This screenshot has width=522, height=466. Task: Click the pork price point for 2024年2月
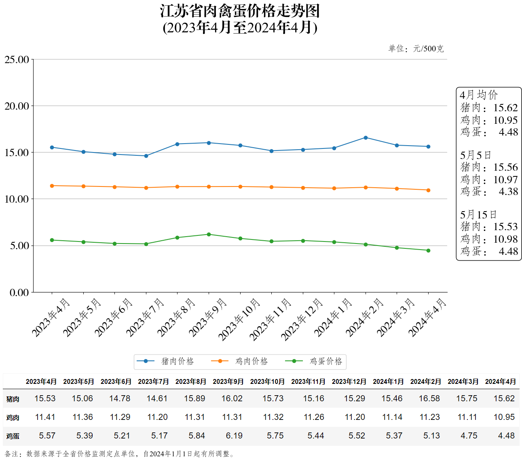pyautogui.click(x=366, y=138)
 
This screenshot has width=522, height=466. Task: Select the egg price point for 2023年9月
pyautogui.click(x=209, y=234)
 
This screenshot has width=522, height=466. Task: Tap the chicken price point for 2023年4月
pyautogui.click(x=52, y=186)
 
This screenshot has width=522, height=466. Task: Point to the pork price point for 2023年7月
pyautogui.click(x=146, y=156)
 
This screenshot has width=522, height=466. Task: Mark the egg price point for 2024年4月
pyautogui.click(x=428, y=250)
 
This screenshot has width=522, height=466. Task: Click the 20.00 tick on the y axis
pyautogui.click(x=17, y=106)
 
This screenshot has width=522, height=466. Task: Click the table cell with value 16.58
pyautogui.click(x=429, y=398)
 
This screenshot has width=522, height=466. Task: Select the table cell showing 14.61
pyautogui.click(x=157, y=398)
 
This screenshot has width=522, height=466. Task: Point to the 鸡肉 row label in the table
pyautogui.click(x=13, y=417)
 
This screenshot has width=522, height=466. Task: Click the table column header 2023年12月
pyautogui.click(x=349, y=381)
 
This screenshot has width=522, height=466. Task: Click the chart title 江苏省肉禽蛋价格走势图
pyautogui.click(x=240, y=11)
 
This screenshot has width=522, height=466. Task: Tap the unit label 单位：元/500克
pyautogui.click(x=416, y=49)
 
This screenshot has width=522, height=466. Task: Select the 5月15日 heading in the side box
pyautogui.click(x=478, y=214)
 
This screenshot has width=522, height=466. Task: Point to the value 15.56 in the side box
pyautogui.click(x=505, y=167)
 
